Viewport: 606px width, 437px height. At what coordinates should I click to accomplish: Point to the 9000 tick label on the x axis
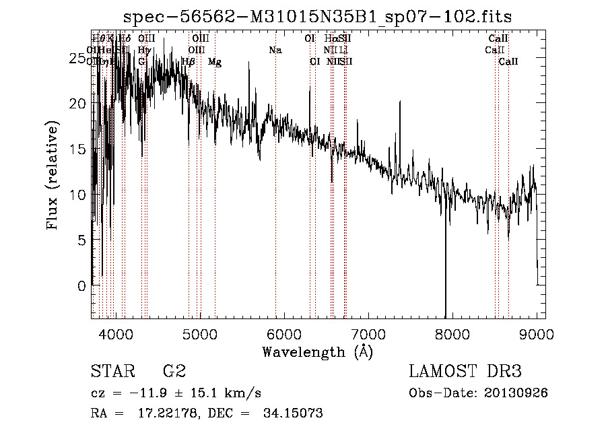pyautogui.click(x=537, y=334)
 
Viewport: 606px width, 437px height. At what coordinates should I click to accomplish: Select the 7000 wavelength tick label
pyautogui.click(x=368, y=334)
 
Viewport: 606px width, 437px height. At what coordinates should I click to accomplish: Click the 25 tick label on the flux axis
pyautogui.click(x=78, y=59)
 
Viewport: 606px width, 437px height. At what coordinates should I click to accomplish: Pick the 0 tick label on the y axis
pyautogui.click(x=82, y=285)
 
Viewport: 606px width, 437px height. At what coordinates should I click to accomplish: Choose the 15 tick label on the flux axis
pyautogui.click(x=78, y=149)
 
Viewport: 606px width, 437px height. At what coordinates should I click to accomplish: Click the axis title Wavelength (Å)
pyautogui.click(x=317, y=351)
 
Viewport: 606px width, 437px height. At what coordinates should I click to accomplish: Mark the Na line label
pyautogui.click(x=275, y=51)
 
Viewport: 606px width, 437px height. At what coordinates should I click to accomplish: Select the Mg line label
pyautogui.click(x=214, y=62)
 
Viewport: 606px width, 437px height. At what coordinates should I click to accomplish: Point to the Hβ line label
pyautogui.click(x=189, y=62)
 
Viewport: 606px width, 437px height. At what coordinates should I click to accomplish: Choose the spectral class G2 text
pyautogui.click(x=174, y=372)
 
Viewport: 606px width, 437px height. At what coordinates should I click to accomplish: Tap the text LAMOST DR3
pyautogui.click(x=465, y=372)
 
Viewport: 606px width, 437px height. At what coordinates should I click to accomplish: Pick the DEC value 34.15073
pyautogui.click(x=295, y=413)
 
